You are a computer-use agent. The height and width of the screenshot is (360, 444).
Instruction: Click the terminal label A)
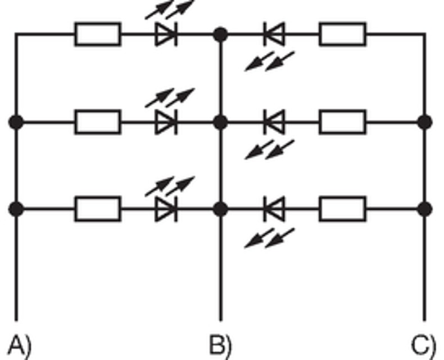[x=20, y=345]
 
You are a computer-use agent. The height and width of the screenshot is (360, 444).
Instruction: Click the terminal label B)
[x=220, y=345]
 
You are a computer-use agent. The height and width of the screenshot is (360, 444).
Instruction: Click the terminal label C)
[x=423, y=345]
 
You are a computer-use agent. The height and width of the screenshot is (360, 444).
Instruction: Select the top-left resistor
[x=97, y=34]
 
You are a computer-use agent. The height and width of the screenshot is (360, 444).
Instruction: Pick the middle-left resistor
[x=97, y=121]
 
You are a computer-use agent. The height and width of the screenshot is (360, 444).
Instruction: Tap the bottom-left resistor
[x=97, y=209]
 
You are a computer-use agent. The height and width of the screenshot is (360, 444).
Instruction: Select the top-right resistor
[x=342, y=34]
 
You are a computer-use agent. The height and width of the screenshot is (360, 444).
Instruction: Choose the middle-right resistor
[x=342, y=121]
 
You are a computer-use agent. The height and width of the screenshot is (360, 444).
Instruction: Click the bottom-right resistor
[x=342, y=209]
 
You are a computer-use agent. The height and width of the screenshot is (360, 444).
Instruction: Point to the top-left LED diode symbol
[x=166, y=34]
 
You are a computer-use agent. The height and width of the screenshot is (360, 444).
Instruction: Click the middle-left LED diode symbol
[x=166, y=121]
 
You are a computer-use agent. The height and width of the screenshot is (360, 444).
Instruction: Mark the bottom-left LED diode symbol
[x=166, y=209]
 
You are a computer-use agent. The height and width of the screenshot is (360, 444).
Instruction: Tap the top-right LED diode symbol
[x=274, y=34]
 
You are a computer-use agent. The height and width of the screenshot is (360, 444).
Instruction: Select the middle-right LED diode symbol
[x=274, y=121]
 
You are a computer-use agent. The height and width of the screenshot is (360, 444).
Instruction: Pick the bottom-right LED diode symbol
[x=274, y=209]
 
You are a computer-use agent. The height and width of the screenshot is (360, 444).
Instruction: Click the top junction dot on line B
[x=220, y=34]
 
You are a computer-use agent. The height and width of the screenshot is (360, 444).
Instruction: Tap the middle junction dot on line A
[x=16, y=121]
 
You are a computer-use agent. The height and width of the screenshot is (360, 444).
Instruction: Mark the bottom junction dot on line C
[x=425, y=209]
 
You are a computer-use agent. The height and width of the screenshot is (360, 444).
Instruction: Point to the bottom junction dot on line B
[x=220, y=209]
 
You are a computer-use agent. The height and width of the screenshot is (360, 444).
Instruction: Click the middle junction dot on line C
[x=425, y=121]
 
